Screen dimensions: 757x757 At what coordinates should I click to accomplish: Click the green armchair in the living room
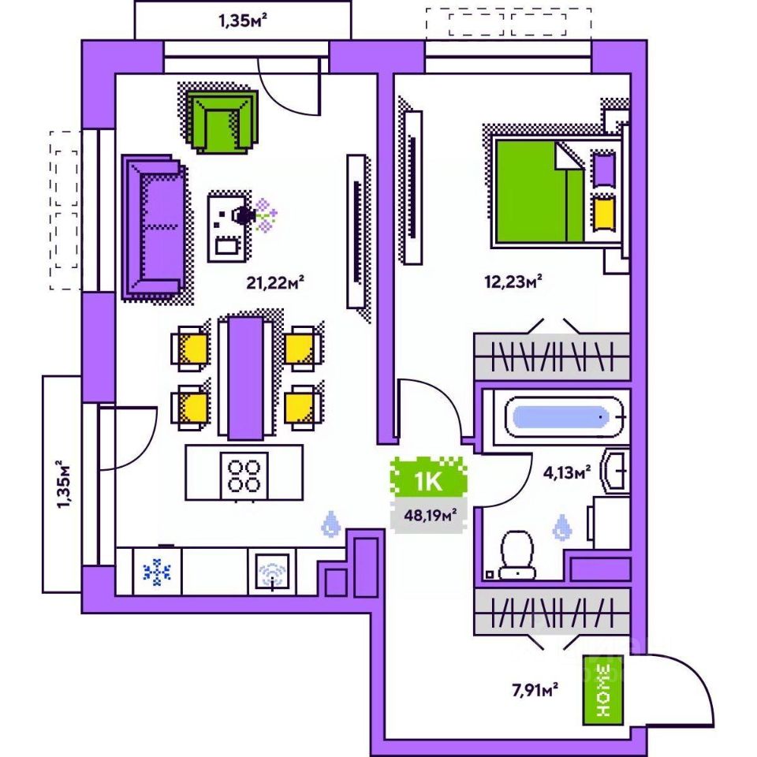pyautogui.click(x=222, y=121)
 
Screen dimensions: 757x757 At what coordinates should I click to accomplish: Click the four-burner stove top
pyautogui.click(x=244, y=473)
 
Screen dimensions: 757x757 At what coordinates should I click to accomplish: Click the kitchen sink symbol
pyautogui.click(x=272, y=573)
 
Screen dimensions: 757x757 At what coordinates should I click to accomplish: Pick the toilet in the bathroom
pyautogui.click(x=517, y=554)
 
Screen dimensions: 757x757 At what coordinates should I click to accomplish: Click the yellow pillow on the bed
pyautogui.click(x=604, y=211)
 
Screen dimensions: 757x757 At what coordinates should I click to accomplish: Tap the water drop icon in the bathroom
pyautogui.click(x=561, y=528)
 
